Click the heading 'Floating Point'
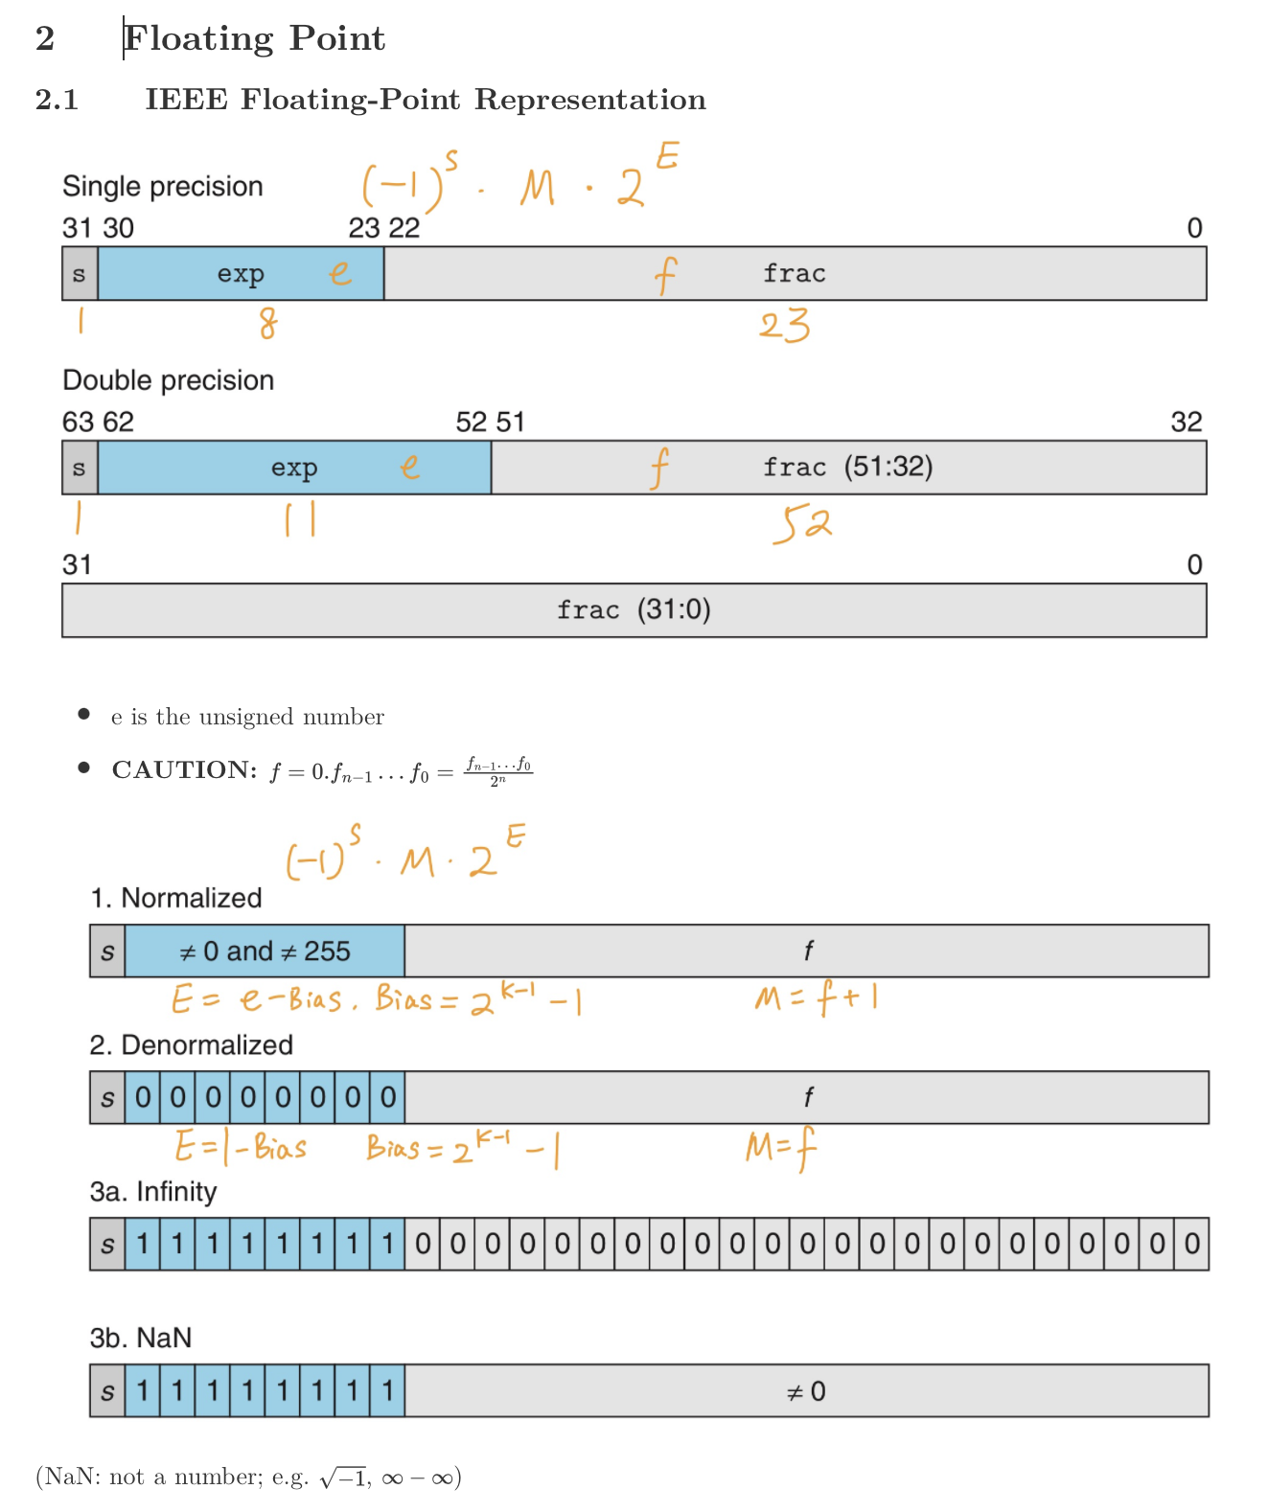pos(254,38)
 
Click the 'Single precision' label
pos(162,186)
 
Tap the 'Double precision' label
pos(168,380)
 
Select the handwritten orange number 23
pos(784,326)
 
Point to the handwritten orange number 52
pos(801,524)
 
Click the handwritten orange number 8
pos(268,324)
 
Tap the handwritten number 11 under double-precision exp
pos(299,520)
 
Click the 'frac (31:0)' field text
pos(634,610)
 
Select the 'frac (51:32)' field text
pos(847,468)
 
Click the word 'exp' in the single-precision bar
pos(241,274)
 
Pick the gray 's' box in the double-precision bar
pos(80,468)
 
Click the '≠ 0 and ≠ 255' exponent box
pos(265,951)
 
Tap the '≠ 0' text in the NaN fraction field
pos(805,1391)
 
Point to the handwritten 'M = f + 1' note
pos(816,999)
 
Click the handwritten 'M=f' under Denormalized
pos(780,1147)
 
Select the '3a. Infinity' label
pos(153,1192)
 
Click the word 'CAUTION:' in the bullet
pos(184,770)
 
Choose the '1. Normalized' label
pos(176,899)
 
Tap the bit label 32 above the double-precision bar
pos(1186,423)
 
